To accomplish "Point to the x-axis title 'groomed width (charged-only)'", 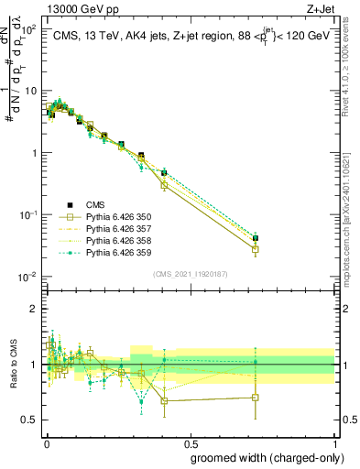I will [x=262, y=457].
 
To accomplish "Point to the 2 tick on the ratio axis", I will [x=35, y=309].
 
